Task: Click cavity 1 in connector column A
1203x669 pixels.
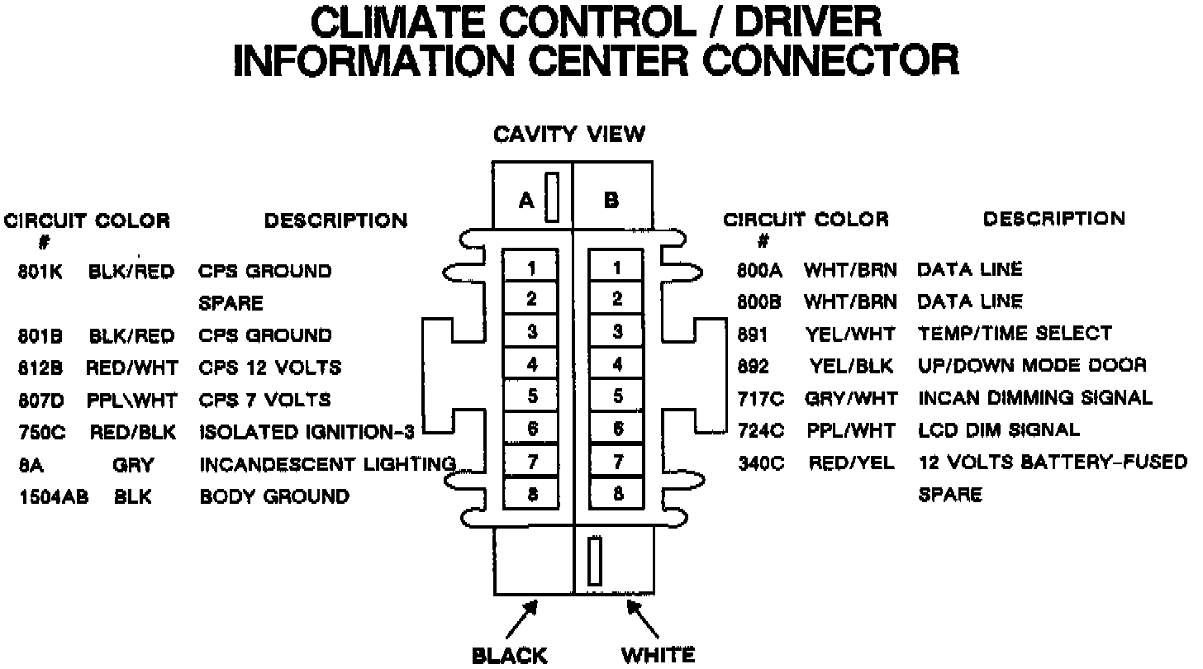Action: tap(531, 268)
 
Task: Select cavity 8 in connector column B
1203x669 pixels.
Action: tap(616, 494)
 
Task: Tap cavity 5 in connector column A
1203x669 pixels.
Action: tap(531, 396)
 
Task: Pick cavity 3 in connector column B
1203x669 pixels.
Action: tap(616, 332)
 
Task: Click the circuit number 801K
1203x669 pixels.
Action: tap(40, 271)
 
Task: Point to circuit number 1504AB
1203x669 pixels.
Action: tap(54, 496)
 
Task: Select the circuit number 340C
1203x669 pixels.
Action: tap(760, 463)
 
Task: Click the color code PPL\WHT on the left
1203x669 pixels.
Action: tap(131, 401)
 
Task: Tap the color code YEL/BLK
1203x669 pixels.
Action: tap(850, 365)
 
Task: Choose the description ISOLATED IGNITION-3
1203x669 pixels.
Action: tap(307, 432)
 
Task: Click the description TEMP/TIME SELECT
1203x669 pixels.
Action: tap(1015, 333)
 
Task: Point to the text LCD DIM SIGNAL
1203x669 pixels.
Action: tap(999, 429)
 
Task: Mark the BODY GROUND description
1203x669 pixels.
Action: tap(274, 496)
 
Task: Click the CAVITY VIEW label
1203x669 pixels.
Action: tap(569, 134)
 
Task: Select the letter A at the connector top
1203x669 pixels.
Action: tap(526, 200)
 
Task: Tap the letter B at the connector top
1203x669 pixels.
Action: tap(611, 200)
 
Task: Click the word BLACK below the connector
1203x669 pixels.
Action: tap(509, 656)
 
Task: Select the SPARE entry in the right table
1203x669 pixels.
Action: tap(950, 495)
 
